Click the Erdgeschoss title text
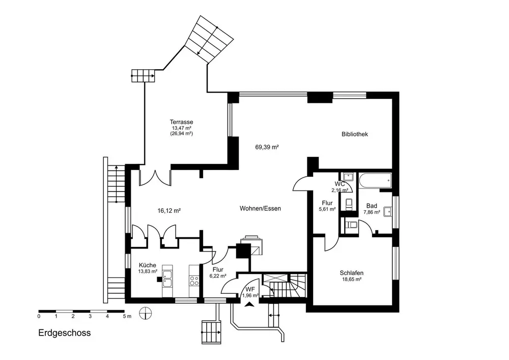click(x=64, y=334)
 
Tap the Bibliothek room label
click(x=354, y=134)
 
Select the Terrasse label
click(x=181, y=122)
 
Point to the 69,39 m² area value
click(x=267, y=147)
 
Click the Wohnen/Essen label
click(x=260, y=208)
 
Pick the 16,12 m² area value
click(x=169, y=210)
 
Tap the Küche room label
click(x=148, y=265)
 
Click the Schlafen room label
click(x=351, y=273)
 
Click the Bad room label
click(x=372, y=206)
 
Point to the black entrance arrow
click(x=249, y=304)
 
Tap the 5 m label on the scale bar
click(x=127, y=316)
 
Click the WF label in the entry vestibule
click(x=249, y=289)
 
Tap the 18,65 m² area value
click(x=351, y=280)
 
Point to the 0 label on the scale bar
click(x=39, y=316)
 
